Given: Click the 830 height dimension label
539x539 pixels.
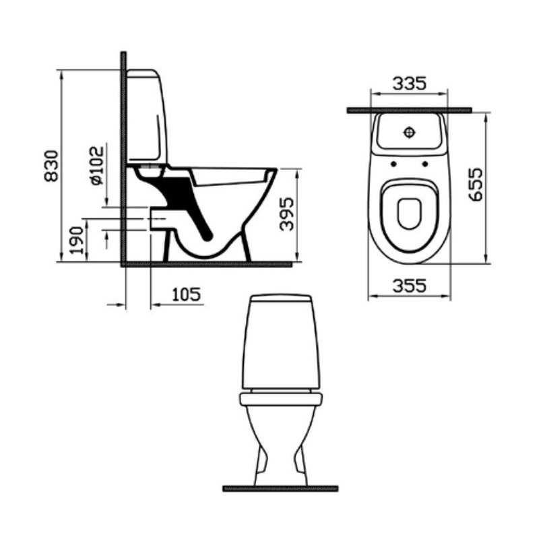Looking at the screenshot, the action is tap(52, 166).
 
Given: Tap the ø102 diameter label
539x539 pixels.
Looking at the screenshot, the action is tap(97, 166).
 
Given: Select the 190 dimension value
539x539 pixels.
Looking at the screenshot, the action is tap(77, 240).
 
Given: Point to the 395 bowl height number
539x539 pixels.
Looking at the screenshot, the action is tap(286, 214).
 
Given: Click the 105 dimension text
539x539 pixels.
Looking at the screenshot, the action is tap(186, 294).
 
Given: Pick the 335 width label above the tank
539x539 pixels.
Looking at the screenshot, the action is tap(410, 83).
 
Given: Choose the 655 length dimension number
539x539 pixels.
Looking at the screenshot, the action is tap(476, 184).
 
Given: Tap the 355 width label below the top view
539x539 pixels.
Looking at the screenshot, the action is tap(410, 286).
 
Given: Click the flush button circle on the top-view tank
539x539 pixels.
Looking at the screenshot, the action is tap(409, 132).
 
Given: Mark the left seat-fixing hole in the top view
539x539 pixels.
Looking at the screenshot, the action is tap(393, 164).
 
